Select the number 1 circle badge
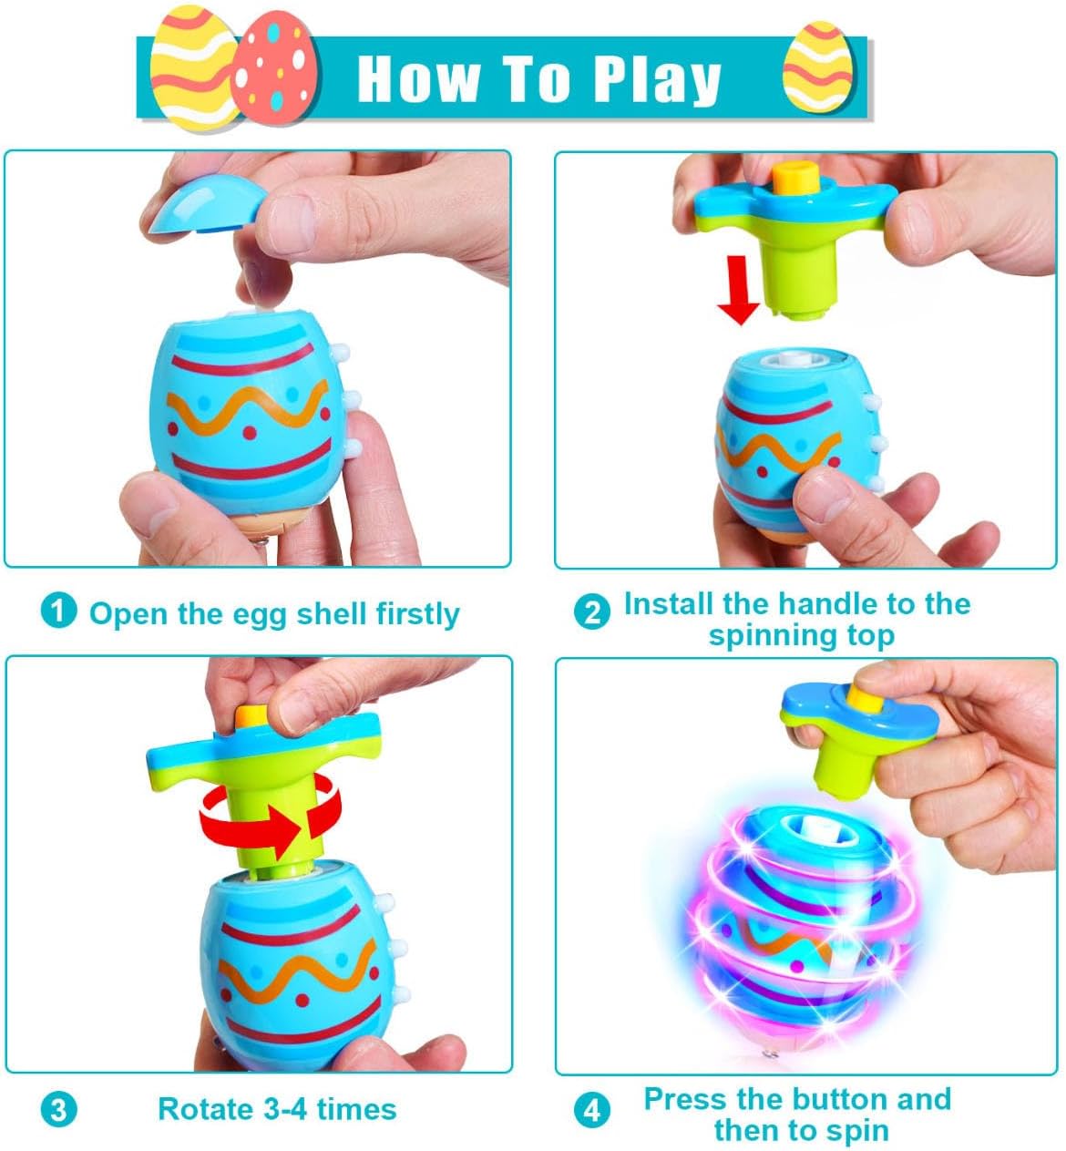point(59,611)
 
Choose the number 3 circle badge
point(59,1110)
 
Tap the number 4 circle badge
point(591,1110)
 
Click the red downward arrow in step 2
point(738,290)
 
